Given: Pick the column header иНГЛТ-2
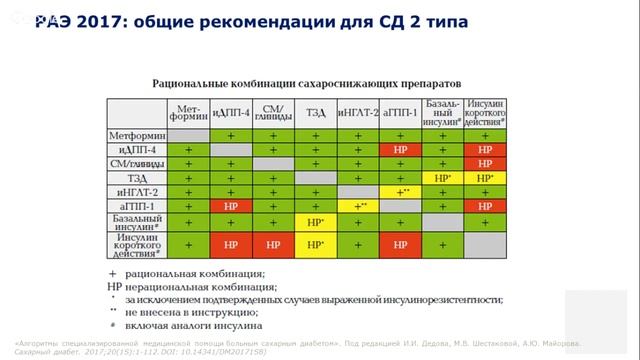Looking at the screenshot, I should pyautogui.click(x=358, y=112).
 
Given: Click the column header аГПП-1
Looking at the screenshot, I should pyautogui.click(x=400, y=112).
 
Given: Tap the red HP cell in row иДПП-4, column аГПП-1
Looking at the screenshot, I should pyautogui.click(x=400, y=149).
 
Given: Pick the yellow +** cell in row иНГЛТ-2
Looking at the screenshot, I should pyautogui.click(x=400, y=191).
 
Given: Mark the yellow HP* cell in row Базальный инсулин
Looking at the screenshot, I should pyautogui.click(x=315, y=222).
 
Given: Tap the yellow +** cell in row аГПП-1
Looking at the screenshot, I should pyautogui.click(x=358, y=205).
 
